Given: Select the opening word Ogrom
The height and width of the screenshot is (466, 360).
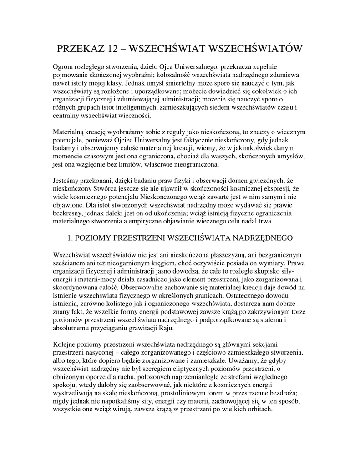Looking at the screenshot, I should pyautogui.click(x=64, y=67).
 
